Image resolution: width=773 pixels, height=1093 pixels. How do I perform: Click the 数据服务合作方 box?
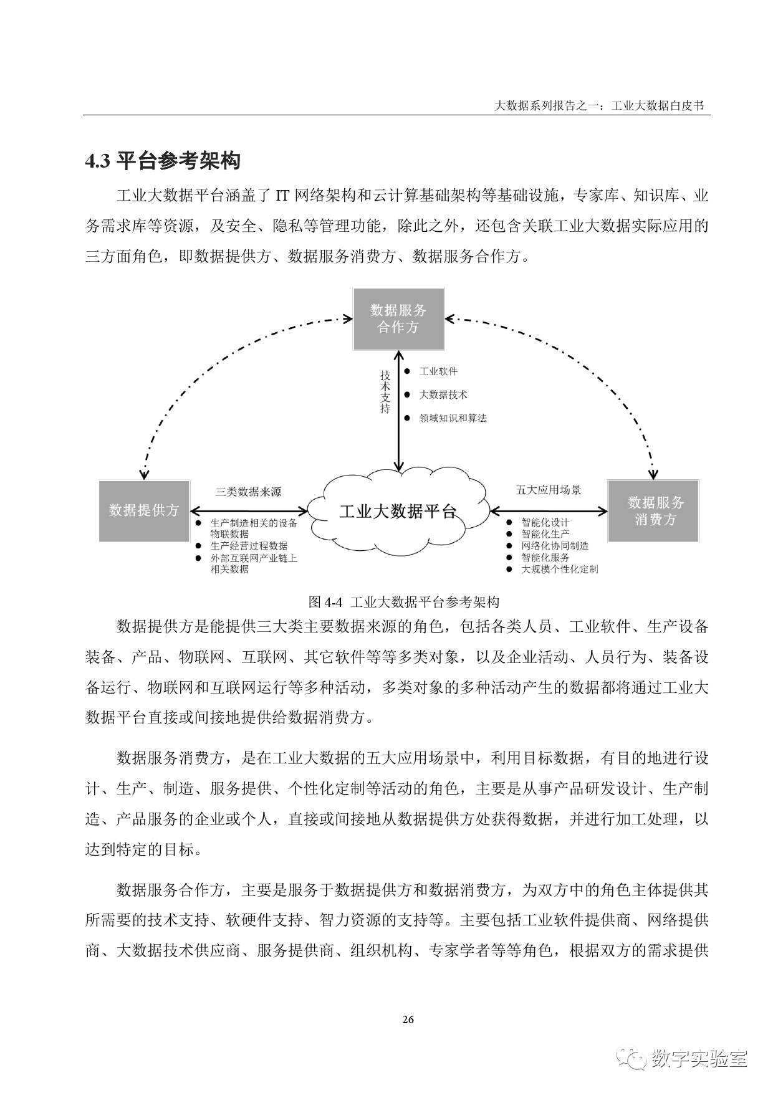point(398,319)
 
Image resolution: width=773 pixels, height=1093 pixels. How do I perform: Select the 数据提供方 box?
point(144,510)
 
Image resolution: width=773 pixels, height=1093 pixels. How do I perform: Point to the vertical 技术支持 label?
point(385,392)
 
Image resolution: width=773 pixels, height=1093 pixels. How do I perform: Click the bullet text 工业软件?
point(438,371)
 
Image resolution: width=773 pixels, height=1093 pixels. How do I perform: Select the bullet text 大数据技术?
point(443,394)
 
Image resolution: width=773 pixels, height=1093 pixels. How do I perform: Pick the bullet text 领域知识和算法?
point(453,418)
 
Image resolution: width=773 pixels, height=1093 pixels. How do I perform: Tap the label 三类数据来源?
point(248,492)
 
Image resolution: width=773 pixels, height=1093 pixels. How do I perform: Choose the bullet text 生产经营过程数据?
point(249,546)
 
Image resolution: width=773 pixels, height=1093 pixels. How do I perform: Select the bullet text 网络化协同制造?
point(555,546)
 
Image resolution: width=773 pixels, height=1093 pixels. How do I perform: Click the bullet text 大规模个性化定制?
point(559,569)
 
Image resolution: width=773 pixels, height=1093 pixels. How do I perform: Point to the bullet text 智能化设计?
point(545,522)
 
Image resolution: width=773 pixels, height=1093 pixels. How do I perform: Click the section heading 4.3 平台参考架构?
point(163,161)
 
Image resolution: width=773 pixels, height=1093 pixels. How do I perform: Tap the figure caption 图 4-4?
point(404,602)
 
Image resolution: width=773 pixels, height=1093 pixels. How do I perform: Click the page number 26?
point(408,1019)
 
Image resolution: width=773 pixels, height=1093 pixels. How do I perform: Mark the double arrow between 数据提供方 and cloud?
point(249,512)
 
